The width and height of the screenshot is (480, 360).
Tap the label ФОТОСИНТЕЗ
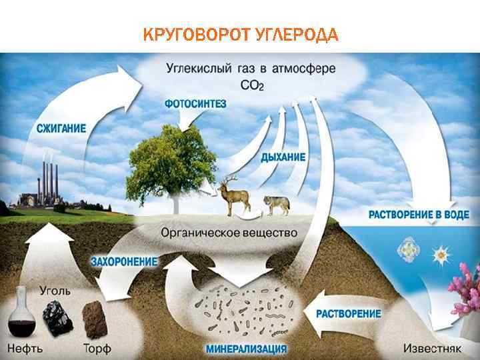pos(195,104)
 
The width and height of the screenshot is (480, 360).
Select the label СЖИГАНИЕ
pos(57,129)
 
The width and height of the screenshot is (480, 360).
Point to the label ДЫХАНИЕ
pos(283,157)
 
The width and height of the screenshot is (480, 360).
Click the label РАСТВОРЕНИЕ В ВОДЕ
pos(419,215)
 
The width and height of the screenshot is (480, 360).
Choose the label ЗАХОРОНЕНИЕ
pos(124,261)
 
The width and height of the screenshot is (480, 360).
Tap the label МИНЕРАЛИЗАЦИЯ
pos(247,348)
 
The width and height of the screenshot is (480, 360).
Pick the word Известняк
pos(434,348)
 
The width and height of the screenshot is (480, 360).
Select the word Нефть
pos(26,348)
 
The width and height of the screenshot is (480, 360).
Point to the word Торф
pos(97,348)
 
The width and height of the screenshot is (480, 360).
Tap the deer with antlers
pos(235,195)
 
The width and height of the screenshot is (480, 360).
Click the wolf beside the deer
pos(276,203)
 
